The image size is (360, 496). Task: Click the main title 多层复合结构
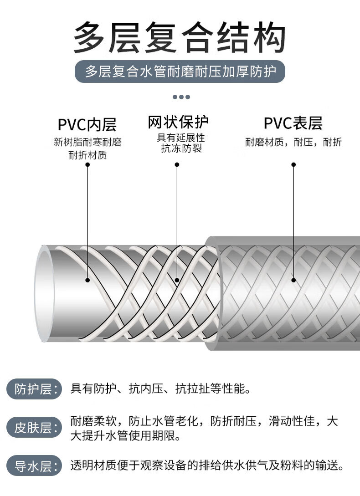click(180, 37)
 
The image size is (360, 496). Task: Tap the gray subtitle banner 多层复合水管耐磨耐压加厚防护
click(180, 72)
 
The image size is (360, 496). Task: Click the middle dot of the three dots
click(181, 97)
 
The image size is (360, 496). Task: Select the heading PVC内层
click(87, 124)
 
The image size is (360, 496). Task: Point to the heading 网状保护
click(178, 122)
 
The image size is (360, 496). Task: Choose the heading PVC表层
click(293, 123)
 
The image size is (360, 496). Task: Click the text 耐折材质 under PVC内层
click(87, 155)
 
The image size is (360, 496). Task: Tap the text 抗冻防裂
click(181, 148)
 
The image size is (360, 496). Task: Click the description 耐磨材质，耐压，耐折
click(293, 142)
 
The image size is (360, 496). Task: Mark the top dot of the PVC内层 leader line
click(87, 164)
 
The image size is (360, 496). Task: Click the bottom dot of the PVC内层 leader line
click(87, 280)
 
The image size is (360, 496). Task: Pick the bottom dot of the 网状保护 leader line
click(177, 280)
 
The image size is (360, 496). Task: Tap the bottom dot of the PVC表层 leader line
click(293, 280)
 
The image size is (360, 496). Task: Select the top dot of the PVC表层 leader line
click(293, 164)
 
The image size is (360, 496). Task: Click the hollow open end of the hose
click(44, 294)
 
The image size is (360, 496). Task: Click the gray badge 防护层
click(34, 389)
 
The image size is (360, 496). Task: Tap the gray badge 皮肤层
click(34, 428)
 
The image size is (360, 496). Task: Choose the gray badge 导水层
click(34, 465)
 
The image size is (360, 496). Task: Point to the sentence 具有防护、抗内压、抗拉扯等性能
click(160, 389)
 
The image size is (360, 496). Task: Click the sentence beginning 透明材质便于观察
click(207, 465)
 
